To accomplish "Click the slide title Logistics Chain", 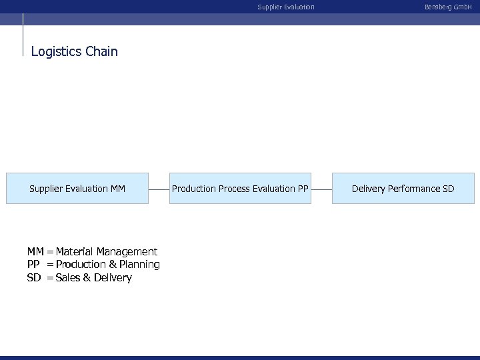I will click(74, 51).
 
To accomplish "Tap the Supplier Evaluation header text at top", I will click(286, 7).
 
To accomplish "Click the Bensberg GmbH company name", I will click(447, 7).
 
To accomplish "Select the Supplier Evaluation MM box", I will click(77, 189).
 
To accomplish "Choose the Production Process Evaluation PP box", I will click(240, 189).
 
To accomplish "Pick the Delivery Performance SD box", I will click(403, 189).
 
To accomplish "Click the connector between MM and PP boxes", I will click(158, 189).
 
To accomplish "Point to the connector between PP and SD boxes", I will click(321, 189).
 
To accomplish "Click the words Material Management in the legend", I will click(107, 251).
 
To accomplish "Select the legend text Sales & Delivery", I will click(94, 278).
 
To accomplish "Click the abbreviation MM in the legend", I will click(35, 251).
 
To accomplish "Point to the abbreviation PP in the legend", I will click(33, 265).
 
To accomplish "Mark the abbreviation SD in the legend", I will click(34, 278).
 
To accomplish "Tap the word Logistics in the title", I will click(57, 51).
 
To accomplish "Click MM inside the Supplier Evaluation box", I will click(117, 189).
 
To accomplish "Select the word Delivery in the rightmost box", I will click(368, 189).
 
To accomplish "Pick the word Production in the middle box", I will click(193, 189).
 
